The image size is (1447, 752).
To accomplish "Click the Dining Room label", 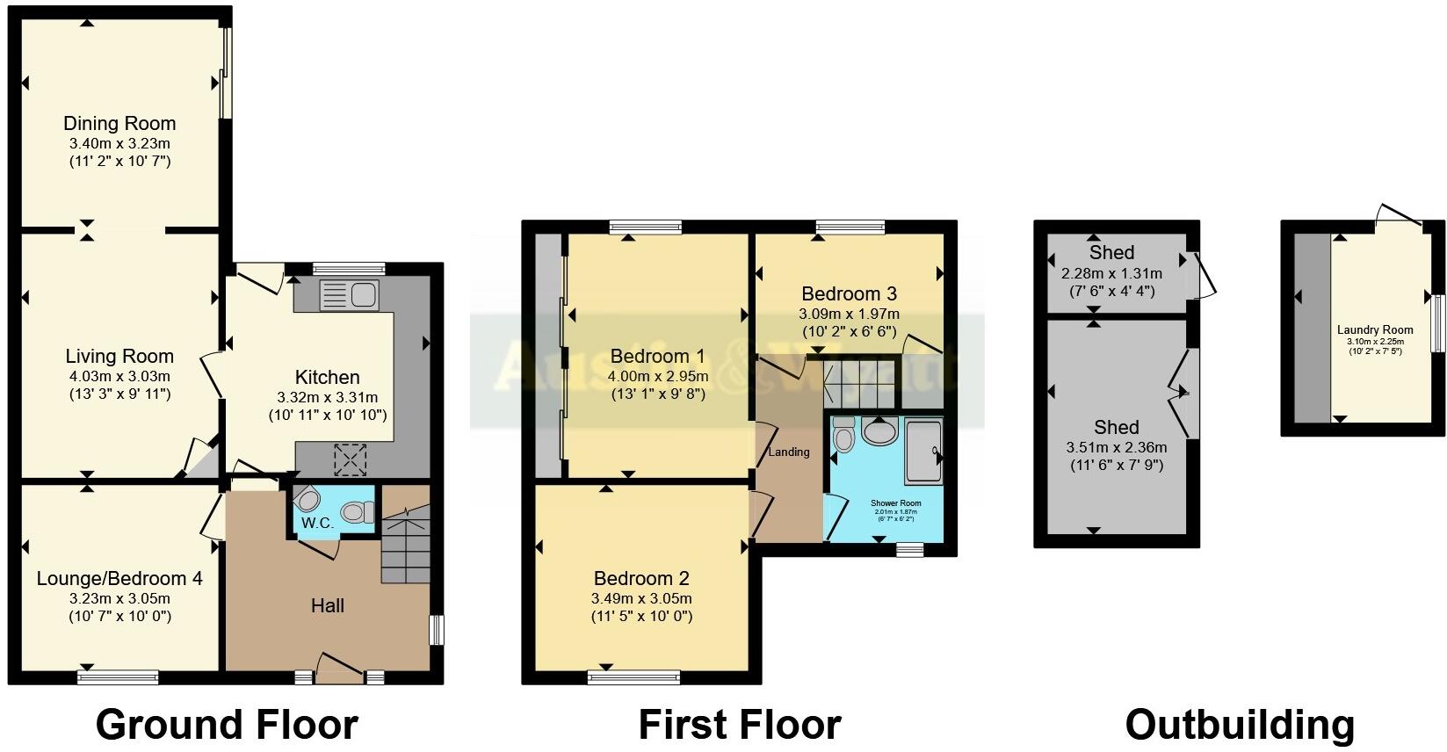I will click(119, 123).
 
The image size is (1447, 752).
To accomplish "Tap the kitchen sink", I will click(349, 293).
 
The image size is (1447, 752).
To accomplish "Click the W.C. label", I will click(317, 523).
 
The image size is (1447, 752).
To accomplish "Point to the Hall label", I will click(327, 605).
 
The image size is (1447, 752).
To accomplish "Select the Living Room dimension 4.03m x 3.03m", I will click(119, 376).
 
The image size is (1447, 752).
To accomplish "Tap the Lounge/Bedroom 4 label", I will click(119, 578).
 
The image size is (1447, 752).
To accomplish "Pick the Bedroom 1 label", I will click(657, 356).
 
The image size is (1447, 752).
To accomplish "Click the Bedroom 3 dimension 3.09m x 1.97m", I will click(849, 314).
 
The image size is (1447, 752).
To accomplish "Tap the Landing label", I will click(789, 452).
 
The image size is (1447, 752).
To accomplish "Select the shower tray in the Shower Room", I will click(922, 452).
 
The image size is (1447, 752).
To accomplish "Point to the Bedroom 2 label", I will click(641, 578).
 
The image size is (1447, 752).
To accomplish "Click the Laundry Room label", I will click(1375, 330).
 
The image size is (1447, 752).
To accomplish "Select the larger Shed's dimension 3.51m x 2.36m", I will click(1116, 447).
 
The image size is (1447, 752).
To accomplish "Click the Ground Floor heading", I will click(227, 725).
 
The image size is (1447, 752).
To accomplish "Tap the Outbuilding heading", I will click(1240, 725).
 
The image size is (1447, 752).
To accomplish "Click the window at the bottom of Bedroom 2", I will click(633, 676).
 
